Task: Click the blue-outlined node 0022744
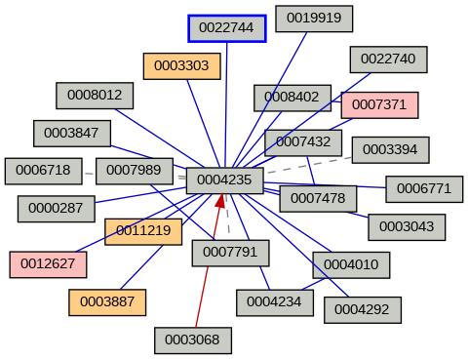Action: tap(226, 28)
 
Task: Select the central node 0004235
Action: tap(224, 180)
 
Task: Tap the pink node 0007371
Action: tap(379, 104)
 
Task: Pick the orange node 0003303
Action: tap(181, 66)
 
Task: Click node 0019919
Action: tap(313, 18)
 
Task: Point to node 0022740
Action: tap(387, 59)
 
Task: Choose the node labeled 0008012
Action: tap(95, 95)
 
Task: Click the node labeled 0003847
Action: tap(72, 133)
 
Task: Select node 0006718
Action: tap(43, 170)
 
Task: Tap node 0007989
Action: tap(134, 170)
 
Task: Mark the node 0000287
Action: tap(56, 207)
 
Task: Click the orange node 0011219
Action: tap(143, 231)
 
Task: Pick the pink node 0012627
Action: tap(48, 262)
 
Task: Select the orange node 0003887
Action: tap(106, 301)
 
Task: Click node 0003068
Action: tap(192, 340)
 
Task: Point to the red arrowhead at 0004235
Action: tap(220, 200)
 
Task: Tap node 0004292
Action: tap(361, 309)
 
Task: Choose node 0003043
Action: tap(406, 226)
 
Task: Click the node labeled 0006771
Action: tap(423, 188)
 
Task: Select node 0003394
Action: tap(389, 149)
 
